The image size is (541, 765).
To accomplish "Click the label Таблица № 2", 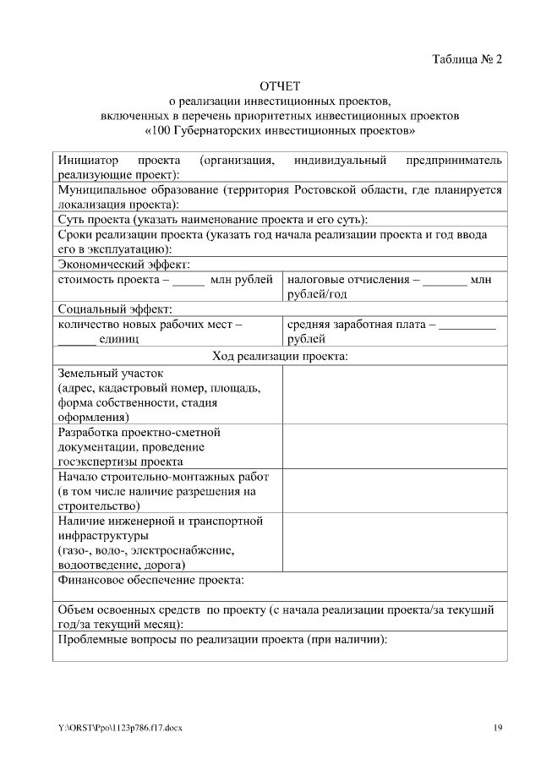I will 467,59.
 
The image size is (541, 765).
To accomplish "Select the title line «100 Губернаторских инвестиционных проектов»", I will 280,132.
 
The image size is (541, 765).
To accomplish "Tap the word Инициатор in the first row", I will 85,160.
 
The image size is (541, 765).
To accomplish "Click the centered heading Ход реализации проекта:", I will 280,356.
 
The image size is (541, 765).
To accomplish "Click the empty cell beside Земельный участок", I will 394,395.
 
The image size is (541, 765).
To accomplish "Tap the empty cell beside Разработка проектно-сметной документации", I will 394,446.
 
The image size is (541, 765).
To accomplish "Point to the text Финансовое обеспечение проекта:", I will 150,580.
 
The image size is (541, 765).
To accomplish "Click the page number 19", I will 498,728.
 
